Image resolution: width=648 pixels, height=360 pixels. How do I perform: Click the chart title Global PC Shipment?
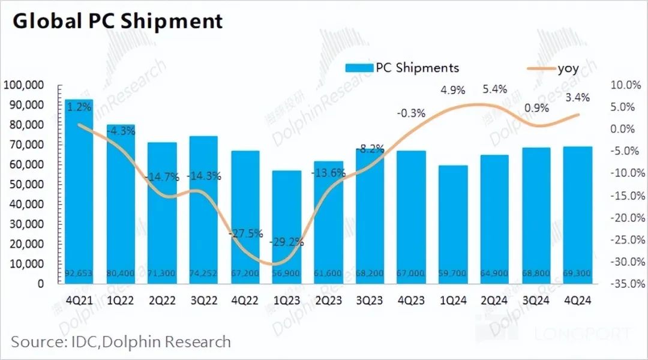pos(118,21)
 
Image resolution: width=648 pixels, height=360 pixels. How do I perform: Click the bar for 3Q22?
pos(203,210)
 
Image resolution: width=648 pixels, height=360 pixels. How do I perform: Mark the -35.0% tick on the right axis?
pos(623,284)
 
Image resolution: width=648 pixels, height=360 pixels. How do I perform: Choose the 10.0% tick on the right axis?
pos(625,85)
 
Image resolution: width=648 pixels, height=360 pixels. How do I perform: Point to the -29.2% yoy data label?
pos(287,243)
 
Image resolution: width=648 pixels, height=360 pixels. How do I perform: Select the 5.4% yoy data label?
pos(494,89)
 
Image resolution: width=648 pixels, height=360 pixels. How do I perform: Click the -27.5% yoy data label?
pos(245,233)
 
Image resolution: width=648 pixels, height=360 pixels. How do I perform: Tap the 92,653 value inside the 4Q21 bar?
pos(79,274)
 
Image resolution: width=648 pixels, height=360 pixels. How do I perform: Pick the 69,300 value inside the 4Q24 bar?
pos(578,274)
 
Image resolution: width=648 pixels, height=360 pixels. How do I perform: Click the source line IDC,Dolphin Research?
pos(121,342)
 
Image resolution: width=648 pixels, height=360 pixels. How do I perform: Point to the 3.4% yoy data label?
pos(577,97)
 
